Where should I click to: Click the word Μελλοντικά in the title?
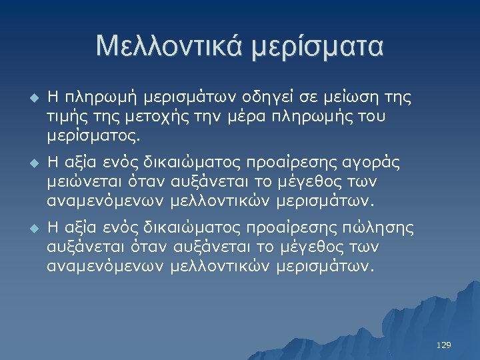click(x=170, y=47)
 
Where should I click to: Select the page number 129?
click(x=443, y=345)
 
